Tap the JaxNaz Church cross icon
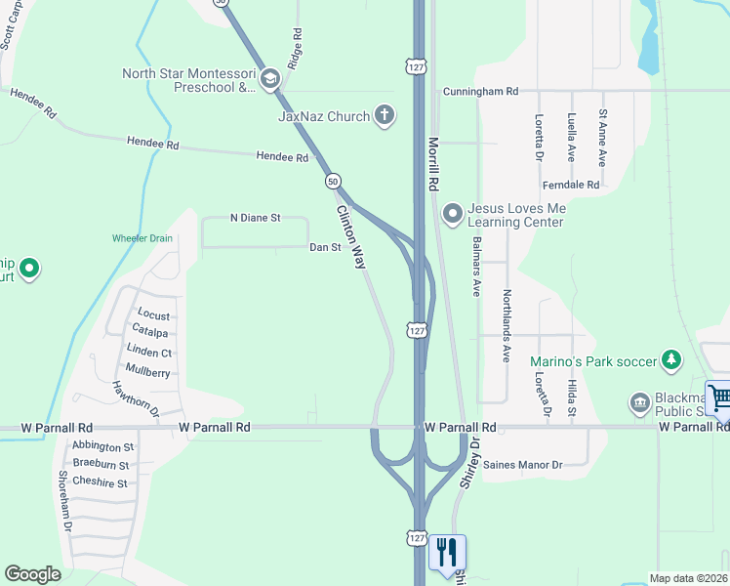(385, 116)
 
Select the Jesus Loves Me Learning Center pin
(452, 212)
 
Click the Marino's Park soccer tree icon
(671, 361)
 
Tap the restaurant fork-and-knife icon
(447, 553)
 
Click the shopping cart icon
(719, 398)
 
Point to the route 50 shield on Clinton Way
(334, 182)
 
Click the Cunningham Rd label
(479, 91)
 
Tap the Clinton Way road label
(351, 237)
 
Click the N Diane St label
(255, 218)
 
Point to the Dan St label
(325, 247)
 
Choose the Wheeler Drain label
(142, 237)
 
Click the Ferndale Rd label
(571, 185)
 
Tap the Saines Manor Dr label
(522, 465)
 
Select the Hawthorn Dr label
(136, 398)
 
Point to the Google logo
(33, 574)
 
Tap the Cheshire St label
(101, 482)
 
